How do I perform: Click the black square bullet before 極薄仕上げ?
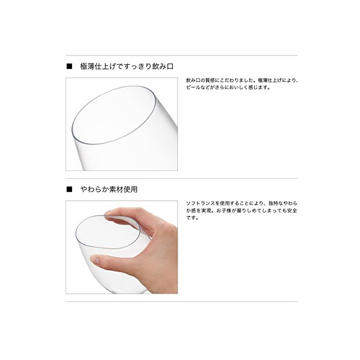tap(69, 66)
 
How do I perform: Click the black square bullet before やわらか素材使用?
tap(69, 189)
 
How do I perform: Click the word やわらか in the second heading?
tap(94, 189)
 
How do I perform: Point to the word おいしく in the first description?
tap(239, 87)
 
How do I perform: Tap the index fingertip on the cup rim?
tap(109, 213)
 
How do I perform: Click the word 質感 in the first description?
tap(210, 80)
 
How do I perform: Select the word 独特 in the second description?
tap(274, 203)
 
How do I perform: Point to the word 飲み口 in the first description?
tap(193, 80)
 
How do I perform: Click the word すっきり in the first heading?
tap(135, 66)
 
